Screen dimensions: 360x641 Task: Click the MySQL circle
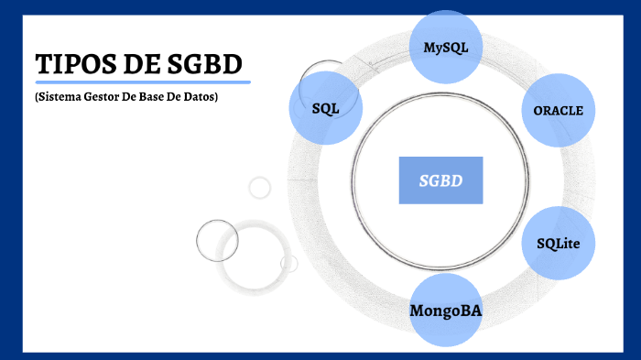446,47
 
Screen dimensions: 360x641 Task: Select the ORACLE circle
558,110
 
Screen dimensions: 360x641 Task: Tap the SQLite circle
558,243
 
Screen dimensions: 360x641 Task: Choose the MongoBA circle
446,310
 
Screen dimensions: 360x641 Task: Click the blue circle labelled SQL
325,108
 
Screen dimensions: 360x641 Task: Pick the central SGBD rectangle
440,180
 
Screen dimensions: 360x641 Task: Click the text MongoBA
446,311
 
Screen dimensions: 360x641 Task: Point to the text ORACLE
558,110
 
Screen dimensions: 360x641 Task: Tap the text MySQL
446,47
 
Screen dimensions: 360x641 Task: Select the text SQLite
558,243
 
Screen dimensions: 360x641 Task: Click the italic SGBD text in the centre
440,180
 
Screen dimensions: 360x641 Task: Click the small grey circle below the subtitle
260,188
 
